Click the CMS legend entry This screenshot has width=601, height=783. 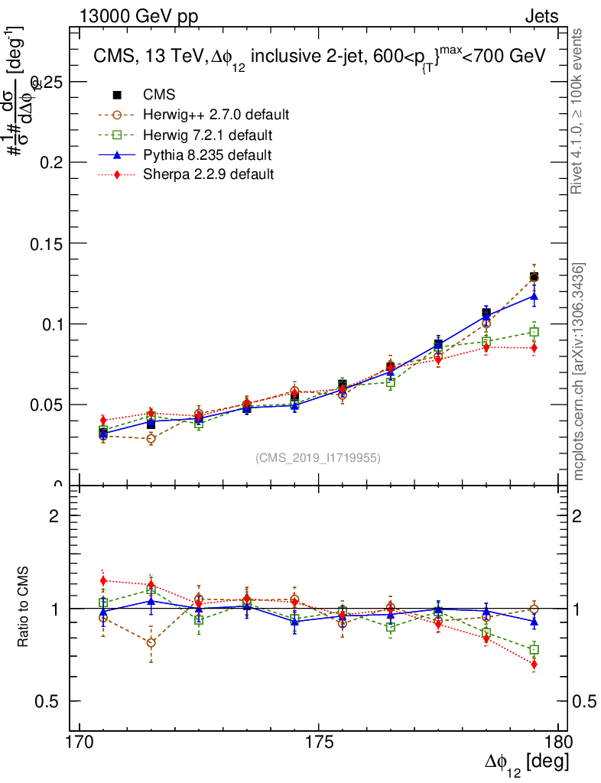(x=159, y=95)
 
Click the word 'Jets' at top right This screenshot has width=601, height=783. (x=541, y=17)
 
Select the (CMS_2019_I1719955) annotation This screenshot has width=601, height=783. (x=317, y=458)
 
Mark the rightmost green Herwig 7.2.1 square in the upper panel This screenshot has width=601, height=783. (x=534, y=332)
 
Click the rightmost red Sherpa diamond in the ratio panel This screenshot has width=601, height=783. (x=534, y=664)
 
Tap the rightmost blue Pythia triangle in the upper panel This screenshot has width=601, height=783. (x=534, y=296)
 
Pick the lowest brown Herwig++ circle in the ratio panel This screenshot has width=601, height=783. (x=151, y=643)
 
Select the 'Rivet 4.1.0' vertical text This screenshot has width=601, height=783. (x=579, y=111)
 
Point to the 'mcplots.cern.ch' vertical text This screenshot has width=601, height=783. (x=579, y=371)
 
